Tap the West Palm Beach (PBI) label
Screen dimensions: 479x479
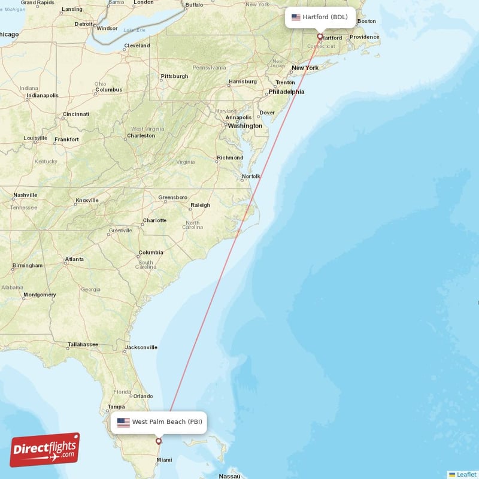point(167,422)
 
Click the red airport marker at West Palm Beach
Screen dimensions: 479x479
point(159,441)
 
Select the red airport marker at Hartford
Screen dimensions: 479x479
point(320,36)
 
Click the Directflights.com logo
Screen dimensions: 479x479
point(45,450)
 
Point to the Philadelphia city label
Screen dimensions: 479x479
point(286,92)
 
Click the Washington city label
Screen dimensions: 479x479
point(245,126)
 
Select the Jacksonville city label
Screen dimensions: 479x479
point(141,347)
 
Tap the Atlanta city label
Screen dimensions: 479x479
point(75,259)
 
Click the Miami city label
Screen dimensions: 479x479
point(163,460)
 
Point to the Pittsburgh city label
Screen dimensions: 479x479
point(174,76)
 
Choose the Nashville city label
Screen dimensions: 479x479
point(25,195)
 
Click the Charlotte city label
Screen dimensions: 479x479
point(154,220)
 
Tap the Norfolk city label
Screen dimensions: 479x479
point(251,177)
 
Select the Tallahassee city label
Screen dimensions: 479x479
point(83,344)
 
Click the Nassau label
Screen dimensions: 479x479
point(229,477)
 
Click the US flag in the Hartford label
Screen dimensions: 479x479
point(296,17)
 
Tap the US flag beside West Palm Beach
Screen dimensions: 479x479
point(123,422)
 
